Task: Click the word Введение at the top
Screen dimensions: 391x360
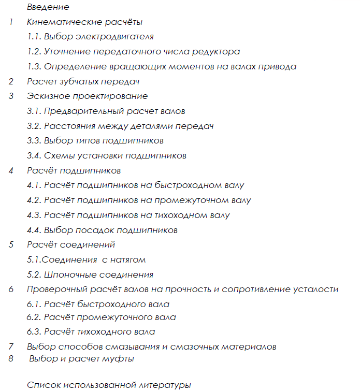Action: [x=48, y=7]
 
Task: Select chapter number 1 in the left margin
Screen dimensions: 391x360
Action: [x=11, y=22]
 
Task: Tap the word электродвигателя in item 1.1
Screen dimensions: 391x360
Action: [x=119, y=37]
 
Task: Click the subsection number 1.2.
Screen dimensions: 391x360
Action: [x=34, y=52]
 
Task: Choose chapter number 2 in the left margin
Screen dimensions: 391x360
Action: [x=11, y=82]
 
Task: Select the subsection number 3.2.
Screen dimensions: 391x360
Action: [x=34, y=126]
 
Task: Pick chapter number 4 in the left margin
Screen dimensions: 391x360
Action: [x=11, y=170]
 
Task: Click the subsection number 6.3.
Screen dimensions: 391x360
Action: [x=34, y=332]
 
